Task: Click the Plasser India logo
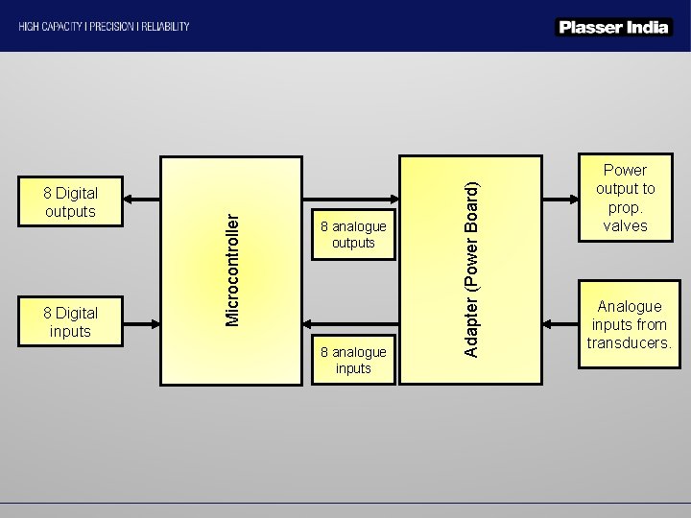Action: (x=612, y=27)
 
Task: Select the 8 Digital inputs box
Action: (x=70, y=321)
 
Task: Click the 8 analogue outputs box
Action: (x=353, y=235)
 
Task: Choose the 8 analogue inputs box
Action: (x=353, y=360)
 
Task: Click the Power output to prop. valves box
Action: (x=625, y=199)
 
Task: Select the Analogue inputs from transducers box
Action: (x=630, y=324)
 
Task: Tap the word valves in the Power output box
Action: (x=625, y=226)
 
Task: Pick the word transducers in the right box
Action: (x=630, y=342)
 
